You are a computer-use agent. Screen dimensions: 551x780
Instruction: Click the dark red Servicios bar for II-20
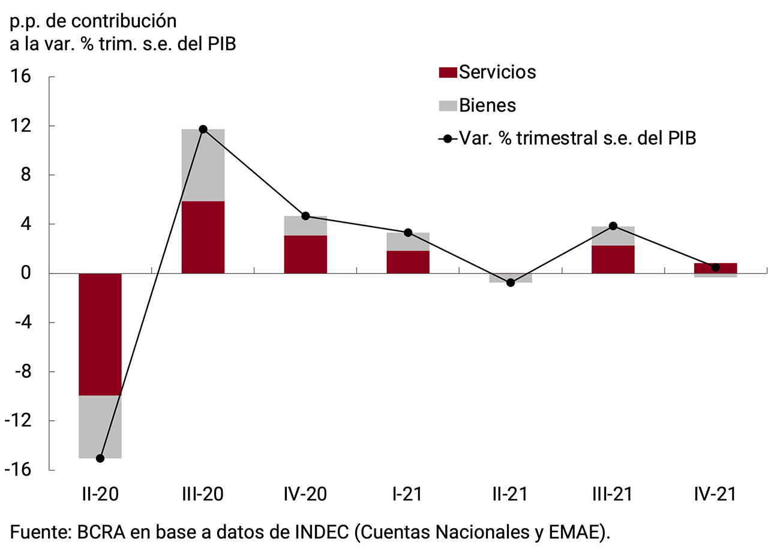point(100,334)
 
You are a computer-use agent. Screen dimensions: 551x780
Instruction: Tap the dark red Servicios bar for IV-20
point(305,254)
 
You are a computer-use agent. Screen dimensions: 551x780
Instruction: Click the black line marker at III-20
point(203,130)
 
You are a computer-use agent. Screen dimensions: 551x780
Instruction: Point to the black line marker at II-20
point(100,458)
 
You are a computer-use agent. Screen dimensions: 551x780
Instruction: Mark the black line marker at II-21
point(511,282)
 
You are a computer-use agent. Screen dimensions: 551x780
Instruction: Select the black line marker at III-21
point(613,226)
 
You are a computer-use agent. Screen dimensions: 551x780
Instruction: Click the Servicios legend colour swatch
point(448,73)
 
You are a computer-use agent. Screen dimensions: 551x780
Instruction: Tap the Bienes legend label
point(487,106)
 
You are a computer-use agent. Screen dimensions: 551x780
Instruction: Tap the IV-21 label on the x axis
point(715,494)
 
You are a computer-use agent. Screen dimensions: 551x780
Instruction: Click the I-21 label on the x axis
point(407,494)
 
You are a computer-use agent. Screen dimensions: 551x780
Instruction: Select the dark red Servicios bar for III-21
point(613,259)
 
